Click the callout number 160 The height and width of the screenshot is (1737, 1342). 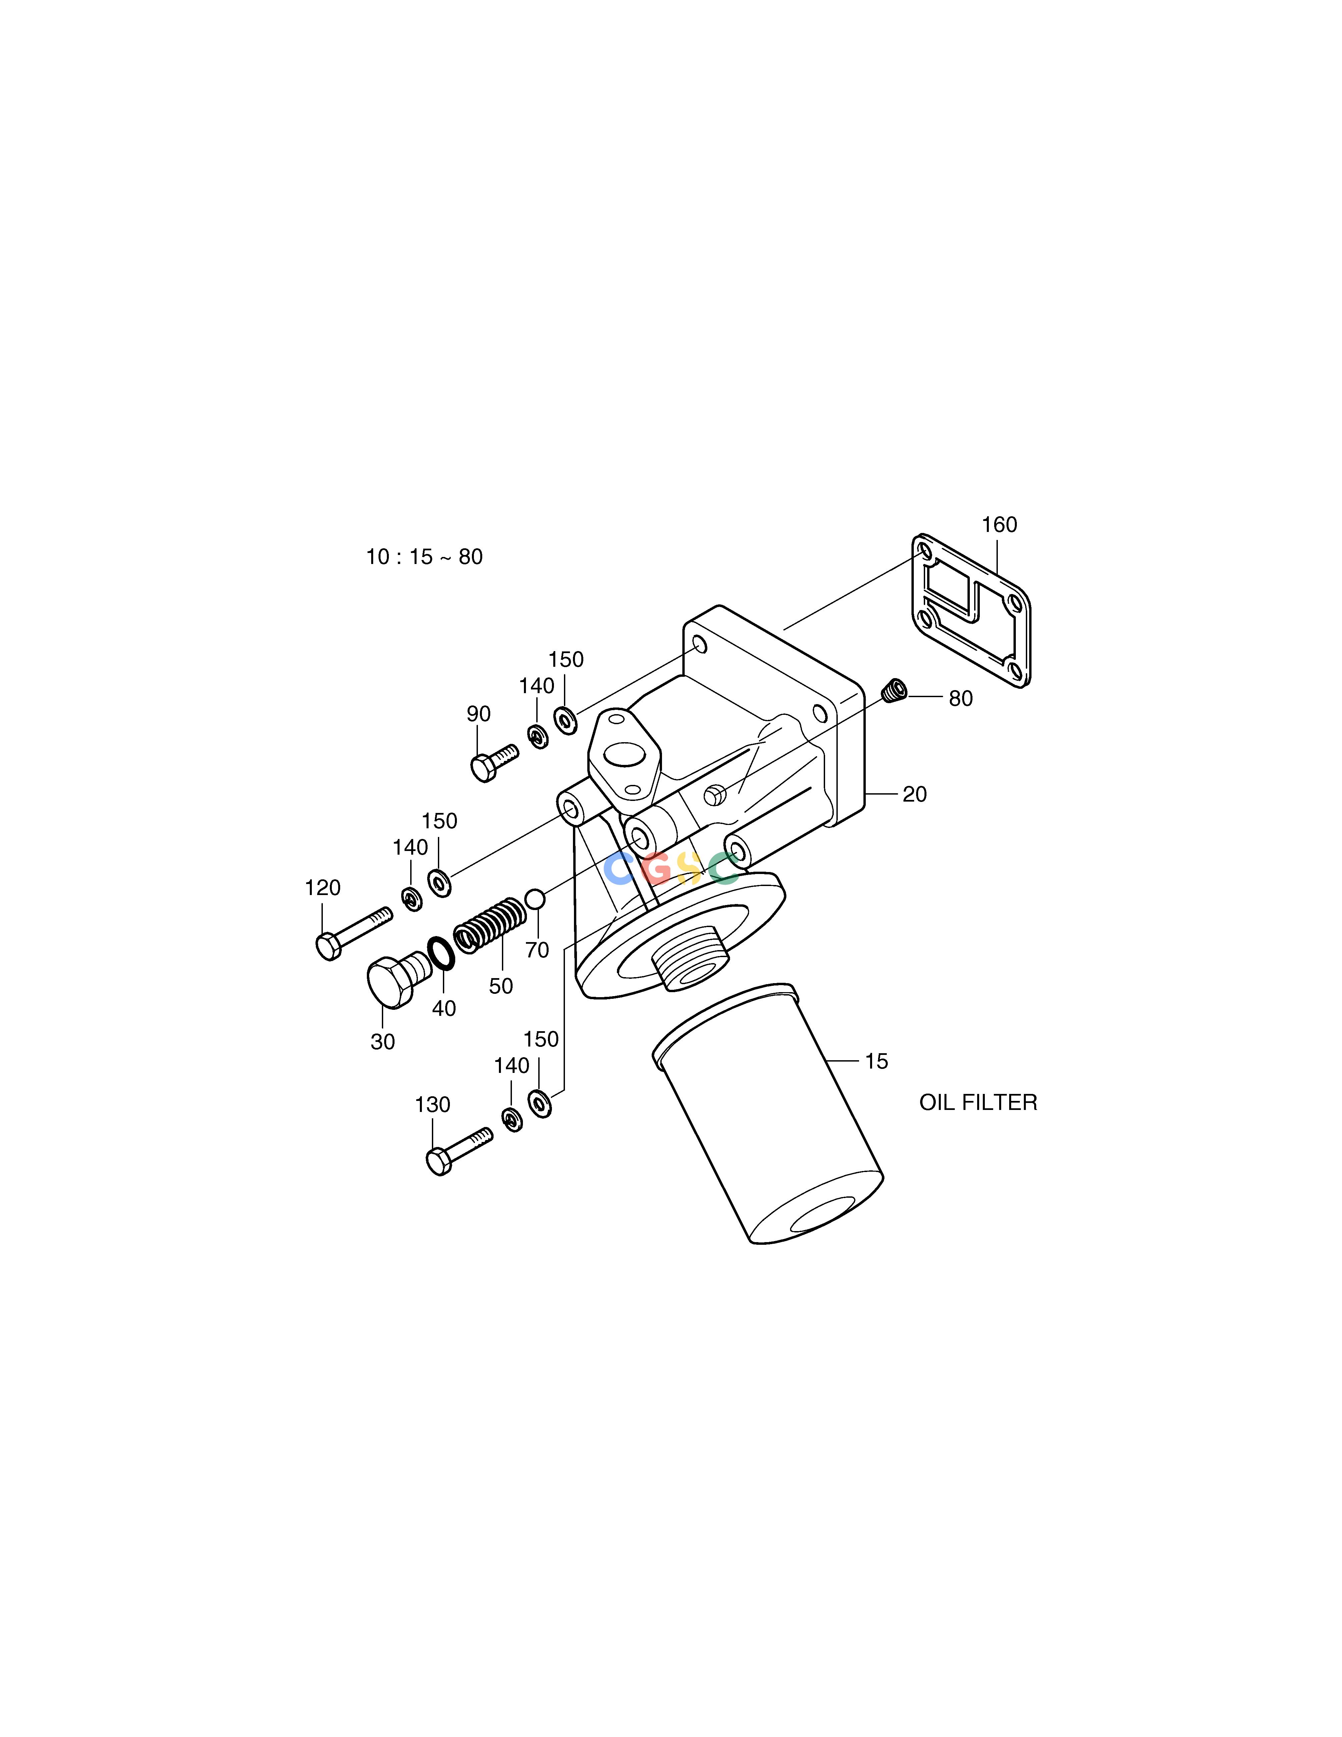(999, 525)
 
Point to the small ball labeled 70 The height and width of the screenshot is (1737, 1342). (535, 899)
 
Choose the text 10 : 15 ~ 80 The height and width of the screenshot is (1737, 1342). (425, 557)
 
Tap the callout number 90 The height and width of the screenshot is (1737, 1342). (479, 714)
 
